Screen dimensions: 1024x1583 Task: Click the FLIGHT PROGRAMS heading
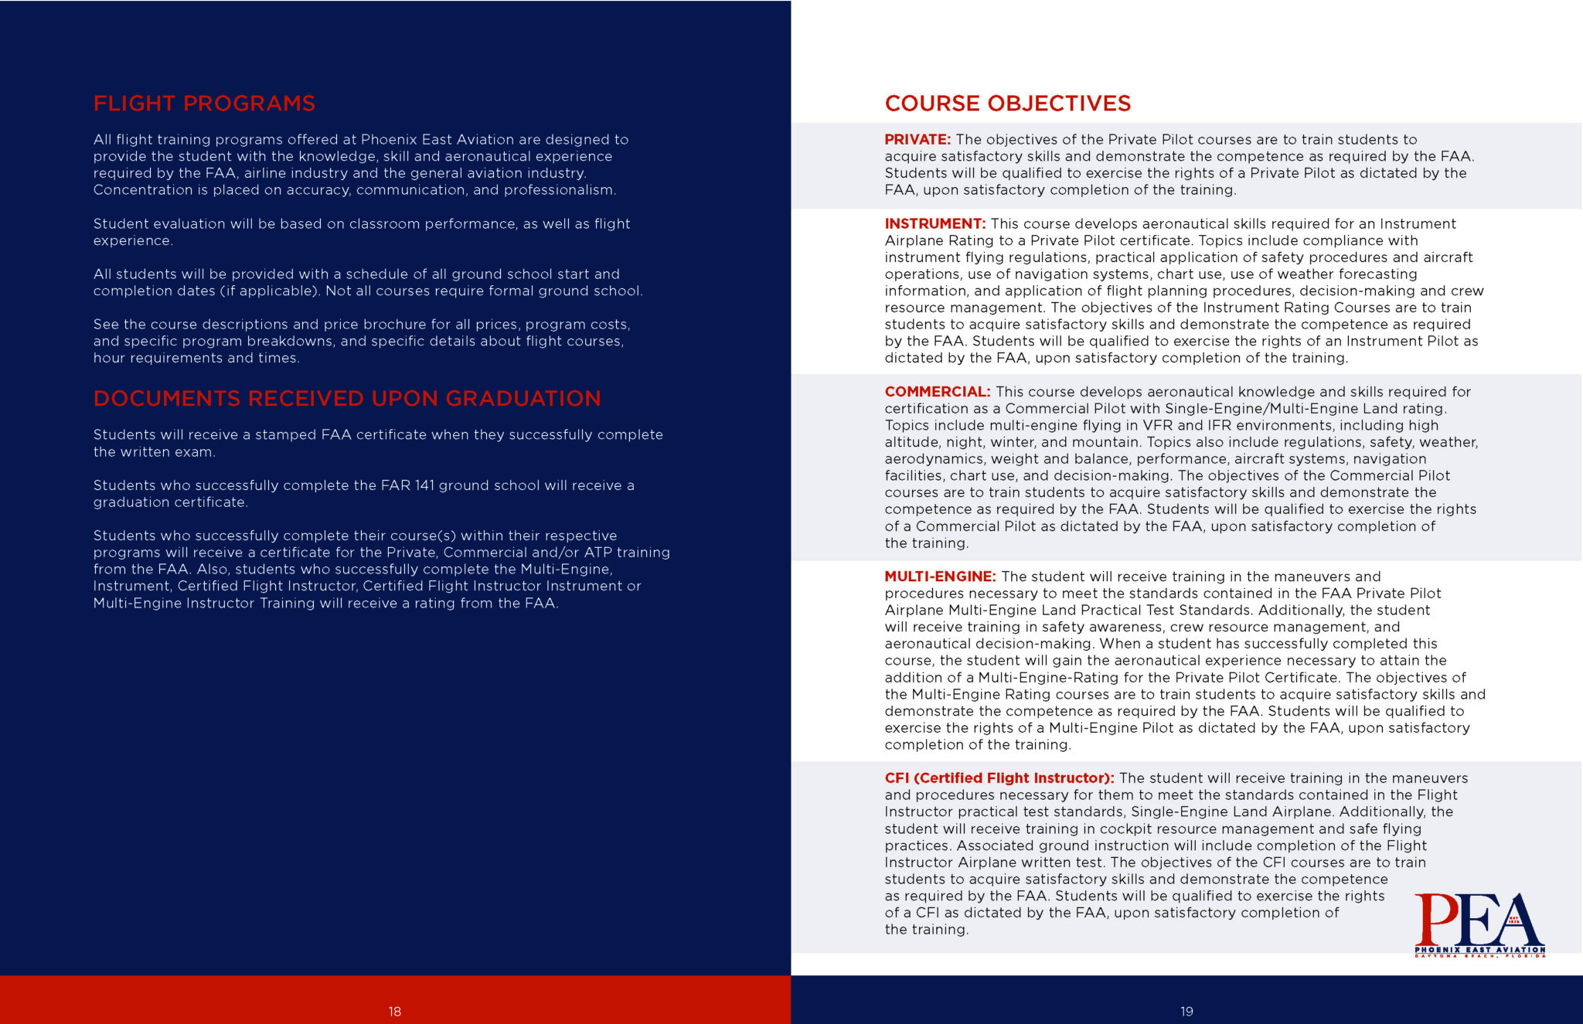(204, 104)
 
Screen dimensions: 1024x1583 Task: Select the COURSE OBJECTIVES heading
(1007, 104)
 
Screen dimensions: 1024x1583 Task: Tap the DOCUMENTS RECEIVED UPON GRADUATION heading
(347, 399)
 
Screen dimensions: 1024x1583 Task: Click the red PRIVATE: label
(917, 140)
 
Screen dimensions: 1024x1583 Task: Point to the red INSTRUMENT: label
(935, 224)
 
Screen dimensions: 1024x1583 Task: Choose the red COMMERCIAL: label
(938, 392)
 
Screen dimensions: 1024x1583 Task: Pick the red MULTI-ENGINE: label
(940, 577)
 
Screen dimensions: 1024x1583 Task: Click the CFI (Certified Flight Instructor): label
(999, 778)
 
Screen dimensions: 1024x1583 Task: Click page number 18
(395, 1012)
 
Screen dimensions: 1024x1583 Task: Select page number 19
(1186, 1012)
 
